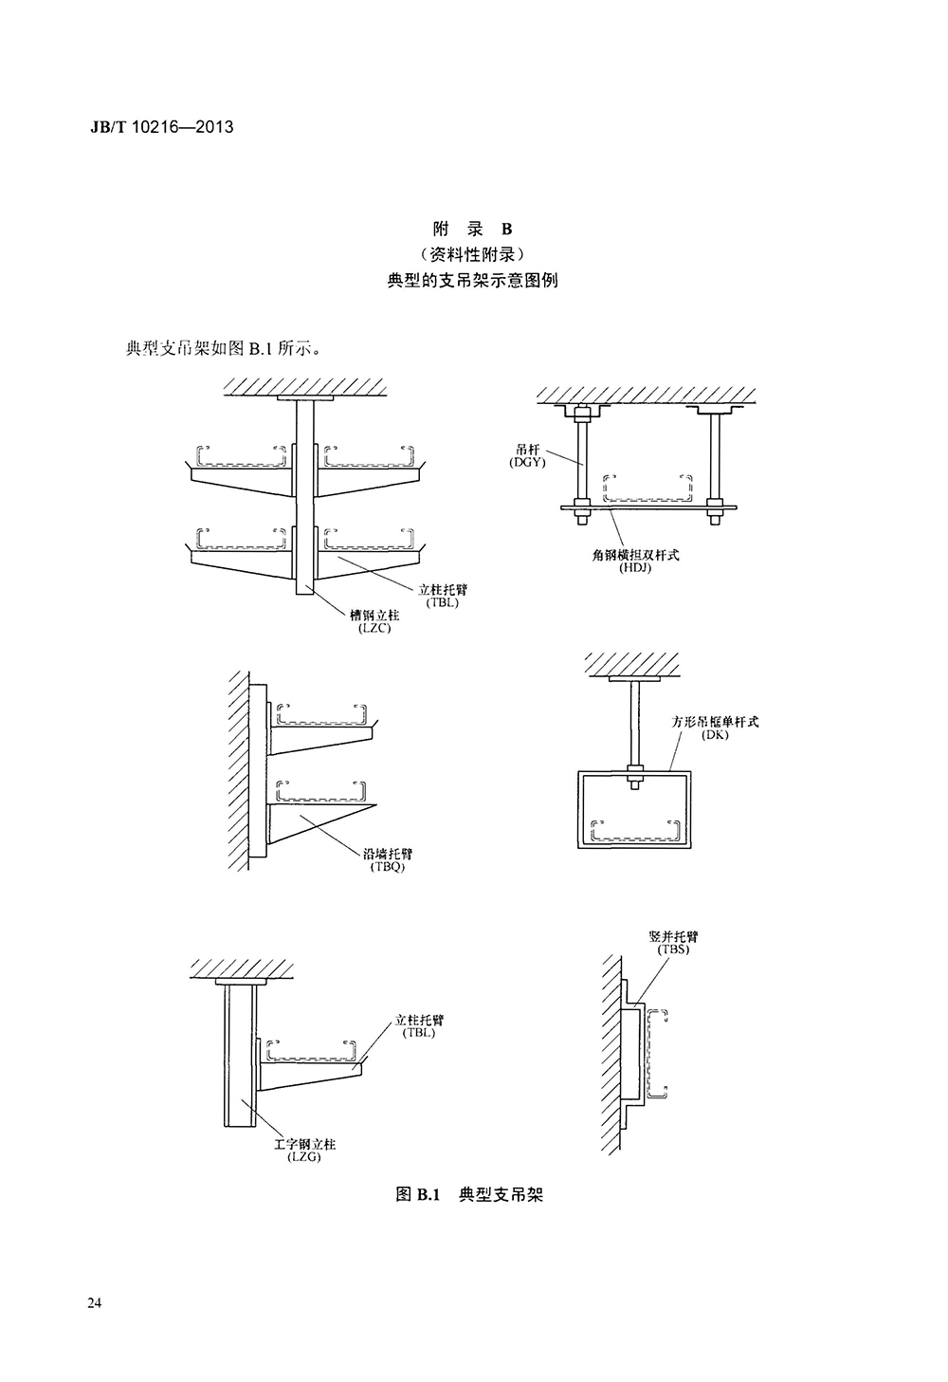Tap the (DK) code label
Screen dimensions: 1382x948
[715, 735]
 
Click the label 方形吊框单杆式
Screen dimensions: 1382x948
[715, 722]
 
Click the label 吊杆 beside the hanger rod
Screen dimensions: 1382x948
[527, 449]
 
